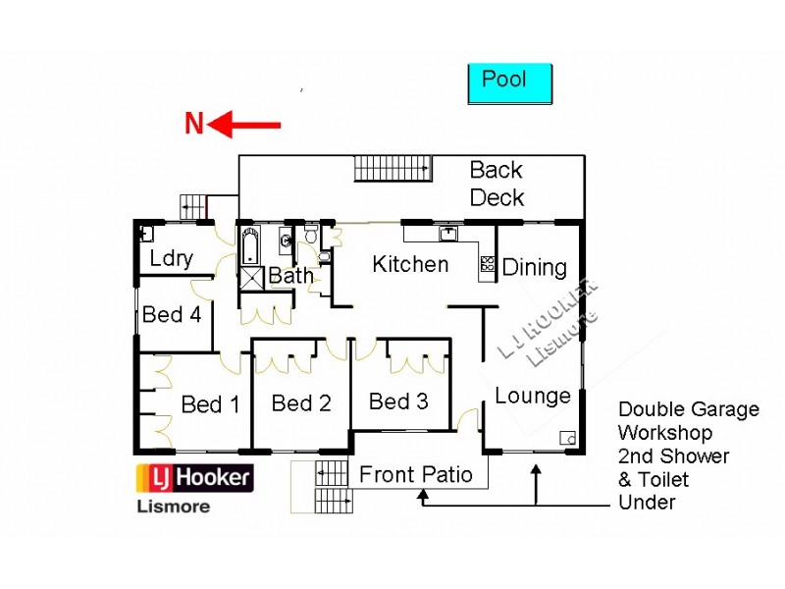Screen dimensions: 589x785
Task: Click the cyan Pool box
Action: (x=509, y=83)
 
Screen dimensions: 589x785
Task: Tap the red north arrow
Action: (x=245, y=125)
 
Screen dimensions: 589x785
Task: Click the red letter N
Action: (x=194, y=125)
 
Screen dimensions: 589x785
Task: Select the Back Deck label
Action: (x=497, y=184)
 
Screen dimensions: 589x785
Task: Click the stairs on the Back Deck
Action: (x=392, y=168)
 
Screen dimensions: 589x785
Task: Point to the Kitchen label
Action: (x=410, y=264)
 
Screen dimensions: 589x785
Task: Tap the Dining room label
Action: (x=535, y=267)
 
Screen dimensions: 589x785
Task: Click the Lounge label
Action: (x=532, y=396)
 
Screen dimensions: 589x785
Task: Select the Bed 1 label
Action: (x=210, y=404)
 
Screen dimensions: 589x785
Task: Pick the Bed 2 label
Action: (x=301, y=402)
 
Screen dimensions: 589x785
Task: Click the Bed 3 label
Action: (x=398, y=402)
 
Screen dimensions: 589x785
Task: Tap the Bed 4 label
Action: (x=172, y=315)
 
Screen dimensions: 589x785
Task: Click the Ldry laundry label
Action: (x=172, y=260)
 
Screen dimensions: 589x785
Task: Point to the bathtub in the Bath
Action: (x=249, y=243)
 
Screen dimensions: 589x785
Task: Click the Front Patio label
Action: (x=416, y=475)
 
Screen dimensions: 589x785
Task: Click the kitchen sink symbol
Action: (x=447, y=234)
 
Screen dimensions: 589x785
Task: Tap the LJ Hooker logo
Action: (x=193, y=478)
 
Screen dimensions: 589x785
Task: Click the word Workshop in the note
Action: (x=665, y=433)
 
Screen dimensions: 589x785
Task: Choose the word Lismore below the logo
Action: (x=172, y=508)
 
